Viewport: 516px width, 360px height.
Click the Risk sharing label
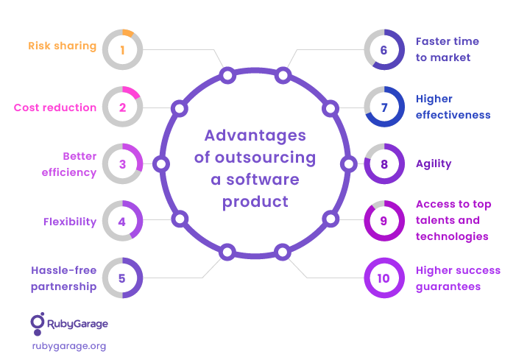click(x=62, y=46)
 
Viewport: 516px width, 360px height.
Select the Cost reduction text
click(x=55, y=107)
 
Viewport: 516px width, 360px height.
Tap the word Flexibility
click(x=70, y=222)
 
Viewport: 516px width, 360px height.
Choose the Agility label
click(x=434, y=164)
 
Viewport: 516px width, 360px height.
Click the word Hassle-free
click(x=64, y=270)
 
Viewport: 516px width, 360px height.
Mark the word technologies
click(x=452, y=236)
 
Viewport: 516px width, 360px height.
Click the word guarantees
click(x=448, y=286)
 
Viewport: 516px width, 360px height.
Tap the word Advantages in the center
click(x=255, y=135)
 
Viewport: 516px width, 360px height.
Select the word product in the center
click(x=255, y=202)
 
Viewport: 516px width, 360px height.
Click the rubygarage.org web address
click(x=69, y=346)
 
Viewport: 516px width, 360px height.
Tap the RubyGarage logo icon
click(x=38, y=324)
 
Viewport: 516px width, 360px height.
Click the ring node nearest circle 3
click(x=161, y=164)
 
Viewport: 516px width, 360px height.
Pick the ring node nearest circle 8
click(x=348, y=164)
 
